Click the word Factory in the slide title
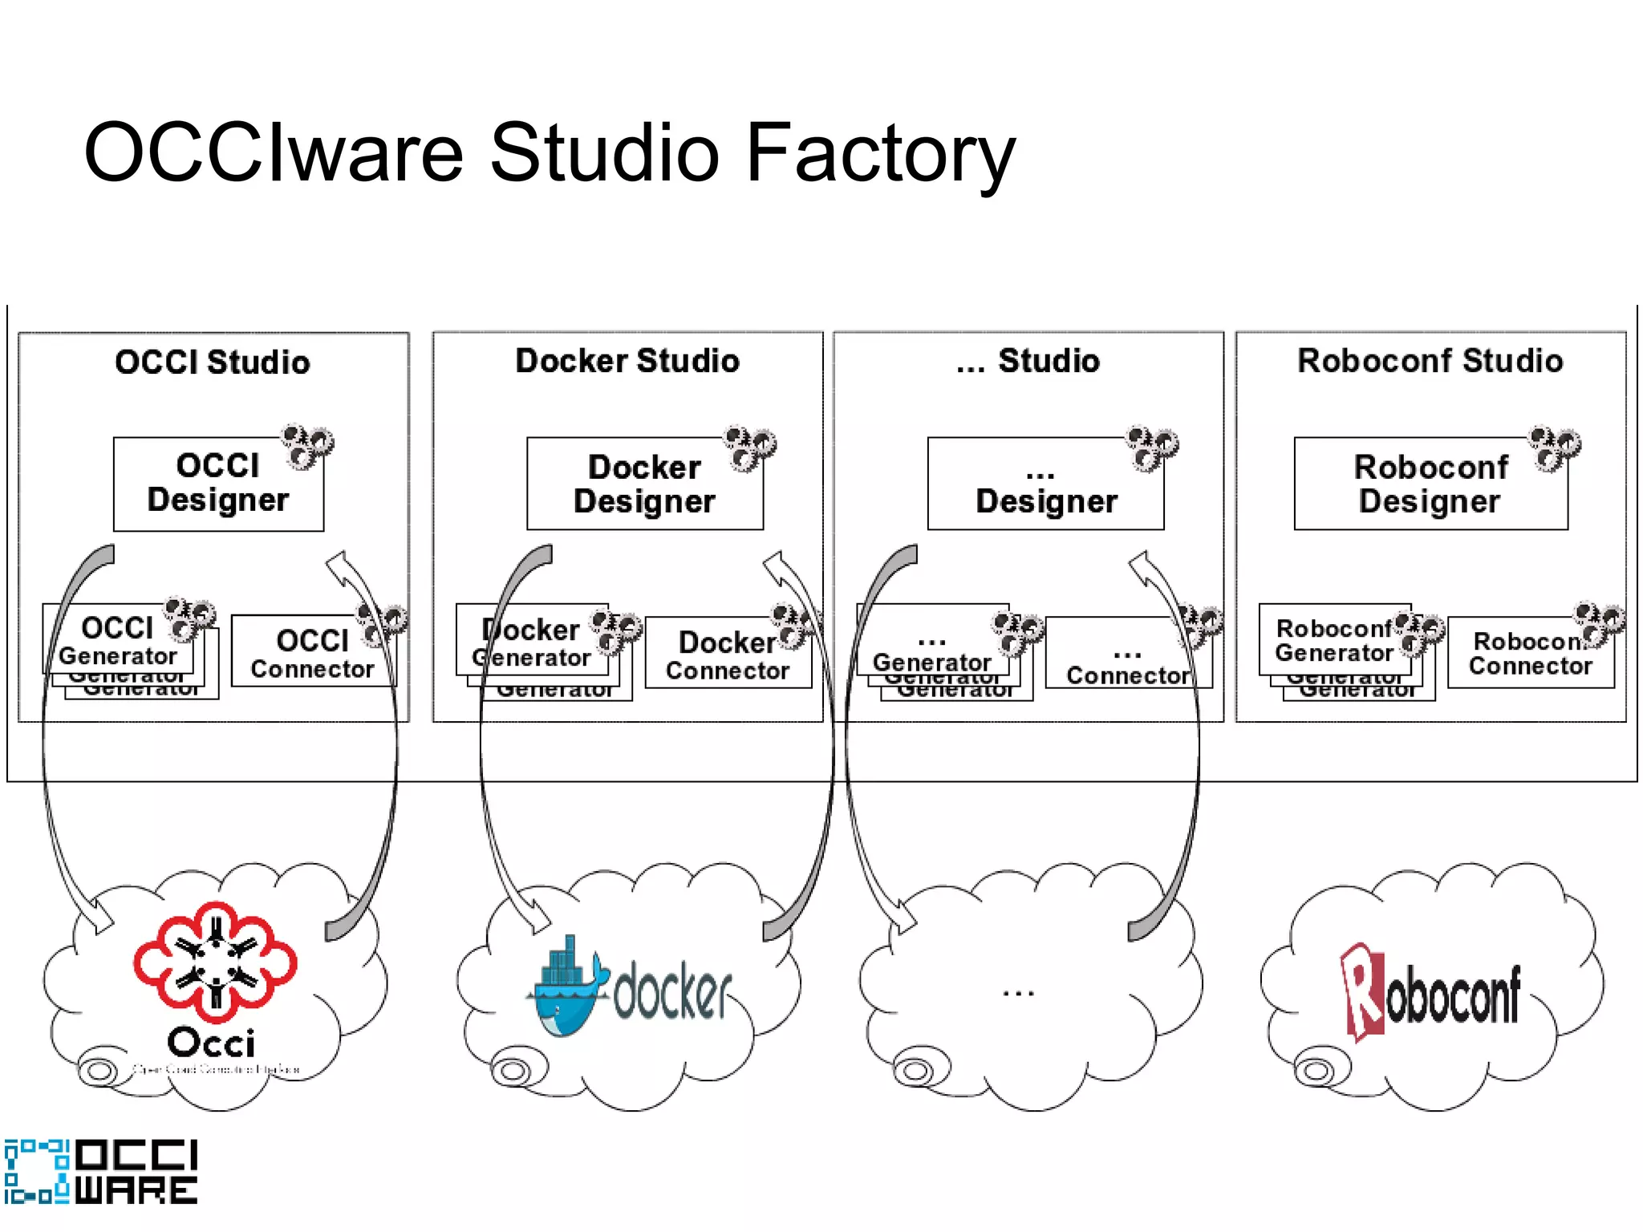(x=880, y=152)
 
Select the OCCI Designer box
(x=217, y=484)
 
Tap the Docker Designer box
(x=644, y=484)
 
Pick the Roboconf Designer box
(x=1430, y=484)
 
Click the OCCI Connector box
(x=312, y=652)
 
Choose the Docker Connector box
(x=727, y=654)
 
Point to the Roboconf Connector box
(x=1529, y=653)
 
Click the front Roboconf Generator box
(x=1333, y=640)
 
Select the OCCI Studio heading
(x=213, y=362)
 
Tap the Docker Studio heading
(x=627, y=361)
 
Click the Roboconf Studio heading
(x=1430, y=361)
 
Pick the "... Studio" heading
(x=1028, y=361)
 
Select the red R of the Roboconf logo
(x=1362, y=991)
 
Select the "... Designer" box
(x=1045, y=484)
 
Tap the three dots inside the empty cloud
(x=1018, y=994)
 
